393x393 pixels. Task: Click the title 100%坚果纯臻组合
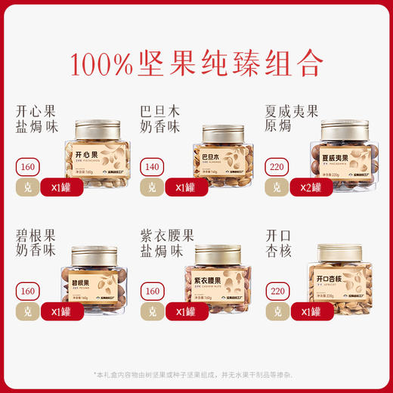pyautogui.click(x=196, y=63)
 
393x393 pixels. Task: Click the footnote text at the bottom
pyautogui.click(x=197, y=374)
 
